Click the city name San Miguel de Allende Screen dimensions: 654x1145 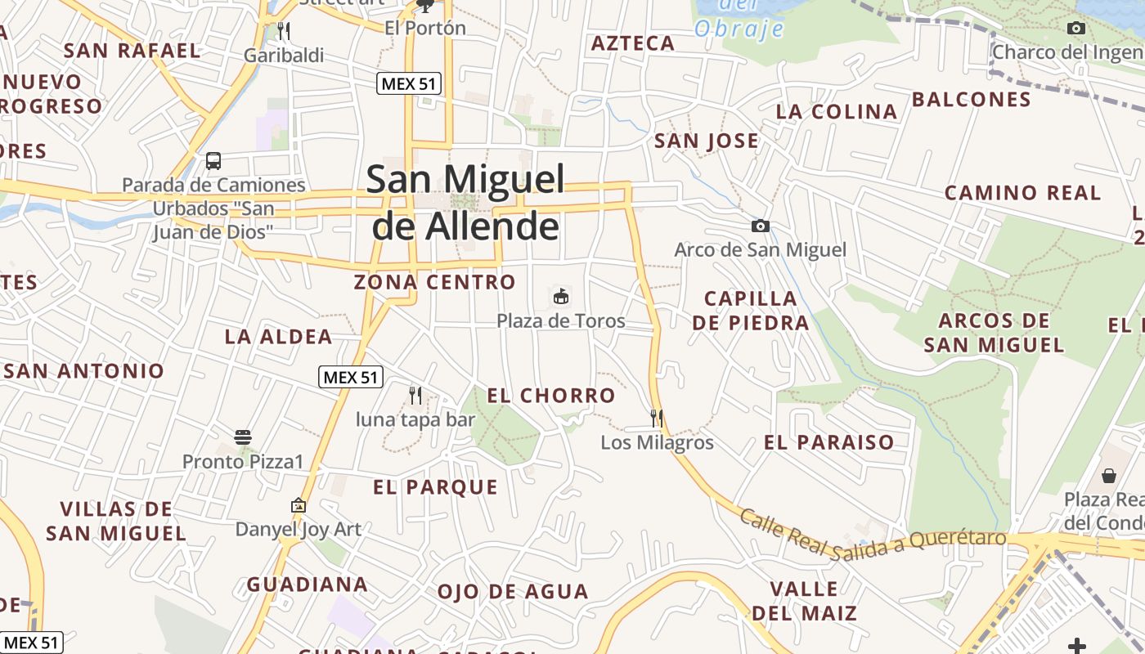(x=465, y=202)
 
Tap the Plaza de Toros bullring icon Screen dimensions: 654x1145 (x=561, y=297)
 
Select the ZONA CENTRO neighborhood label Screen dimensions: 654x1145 (x=434, y=283)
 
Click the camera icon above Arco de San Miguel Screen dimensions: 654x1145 (x=761, y=226)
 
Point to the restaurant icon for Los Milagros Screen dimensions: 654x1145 (x=657, y=419)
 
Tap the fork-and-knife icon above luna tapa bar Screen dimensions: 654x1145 (x=415, y=396)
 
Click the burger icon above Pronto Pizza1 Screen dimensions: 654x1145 (x=243, y=437)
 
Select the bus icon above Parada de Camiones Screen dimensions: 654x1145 (x=213, y=161)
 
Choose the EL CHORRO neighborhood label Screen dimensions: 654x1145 (x=551, y=396)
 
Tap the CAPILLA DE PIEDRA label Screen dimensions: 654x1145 (x=751, y=311)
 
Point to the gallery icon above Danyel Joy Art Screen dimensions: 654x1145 (x=299, y=506)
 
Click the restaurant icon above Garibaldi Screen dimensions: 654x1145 (x=284, y=31)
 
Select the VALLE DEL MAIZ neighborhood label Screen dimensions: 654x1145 (x=804, y=601)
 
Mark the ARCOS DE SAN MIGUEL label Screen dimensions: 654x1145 (x=995, y=333)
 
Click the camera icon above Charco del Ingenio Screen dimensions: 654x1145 (x=1076, y=29)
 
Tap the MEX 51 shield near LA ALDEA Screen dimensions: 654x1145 (x=351, y=377)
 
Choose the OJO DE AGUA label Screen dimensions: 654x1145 (x=513, y=592)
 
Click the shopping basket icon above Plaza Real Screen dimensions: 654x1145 (x=1109, y=475)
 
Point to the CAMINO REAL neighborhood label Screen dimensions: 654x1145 (x=1022, y=194)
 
